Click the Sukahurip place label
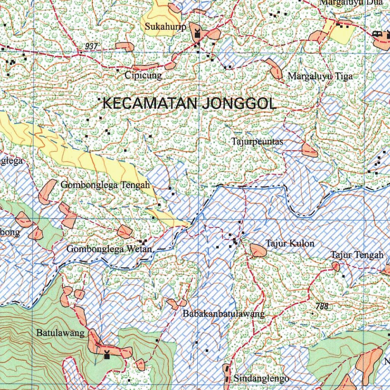point(165,27)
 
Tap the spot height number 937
point(91,46)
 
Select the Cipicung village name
point(143,75)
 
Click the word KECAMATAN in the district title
point(150,104)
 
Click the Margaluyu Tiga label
point(320,76)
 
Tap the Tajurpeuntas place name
point(257,142)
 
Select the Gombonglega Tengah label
point(105,185)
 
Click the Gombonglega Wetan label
point(110,249)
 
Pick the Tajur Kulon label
point(290,243)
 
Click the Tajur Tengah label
point(356,255)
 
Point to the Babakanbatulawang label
point(224,314)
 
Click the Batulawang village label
point(60,333)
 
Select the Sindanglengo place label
point(261,379)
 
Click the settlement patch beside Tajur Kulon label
point(258,250)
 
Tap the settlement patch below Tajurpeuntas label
point(309,150)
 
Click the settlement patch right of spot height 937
point(125,46)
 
